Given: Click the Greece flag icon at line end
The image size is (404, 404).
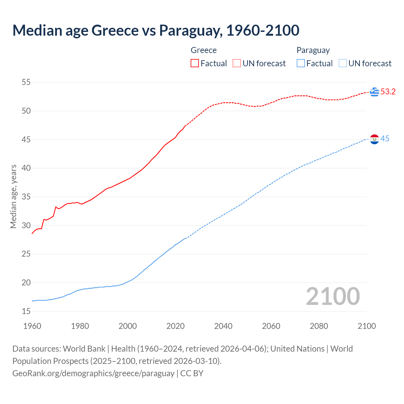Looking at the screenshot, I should click(374, 92).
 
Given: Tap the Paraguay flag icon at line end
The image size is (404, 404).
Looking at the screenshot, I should click(374, 139).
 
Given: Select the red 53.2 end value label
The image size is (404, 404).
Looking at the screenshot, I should click(388, 92).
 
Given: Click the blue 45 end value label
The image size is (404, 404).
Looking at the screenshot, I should click(385, 139).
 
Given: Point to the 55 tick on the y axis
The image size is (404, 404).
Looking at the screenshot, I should click(26, 82).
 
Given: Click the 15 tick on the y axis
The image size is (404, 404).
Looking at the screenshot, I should click(26, 312).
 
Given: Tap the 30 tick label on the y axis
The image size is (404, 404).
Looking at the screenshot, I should click(26, 226).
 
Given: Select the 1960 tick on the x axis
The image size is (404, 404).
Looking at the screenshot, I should click(32, 326).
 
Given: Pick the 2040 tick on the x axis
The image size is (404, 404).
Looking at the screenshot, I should click(223, 326).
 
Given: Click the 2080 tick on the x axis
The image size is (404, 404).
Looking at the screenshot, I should click(319, 326).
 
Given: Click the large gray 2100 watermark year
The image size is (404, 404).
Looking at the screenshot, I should click(333, 296).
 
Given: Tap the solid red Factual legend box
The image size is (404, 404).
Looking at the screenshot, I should click(195, 63).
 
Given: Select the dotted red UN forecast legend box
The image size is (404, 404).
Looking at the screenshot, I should click(237, 63).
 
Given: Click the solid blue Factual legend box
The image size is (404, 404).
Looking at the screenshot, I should click(301, 63).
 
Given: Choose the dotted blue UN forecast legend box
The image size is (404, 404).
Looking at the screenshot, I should click(342, 63).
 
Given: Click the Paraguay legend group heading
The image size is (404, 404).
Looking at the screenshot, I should click(313, 50).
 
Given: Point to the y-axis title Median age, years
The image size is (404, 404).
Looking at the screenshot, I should click(13, 196).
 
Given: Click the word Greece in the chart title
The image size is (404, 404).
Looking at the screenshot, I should click(115, 31).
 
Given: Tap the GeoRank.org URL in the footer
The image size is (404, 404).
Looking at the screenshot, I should click(93, 373).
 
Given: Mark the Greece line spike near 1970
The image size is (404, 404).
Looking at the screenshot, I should click(56, 207).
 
